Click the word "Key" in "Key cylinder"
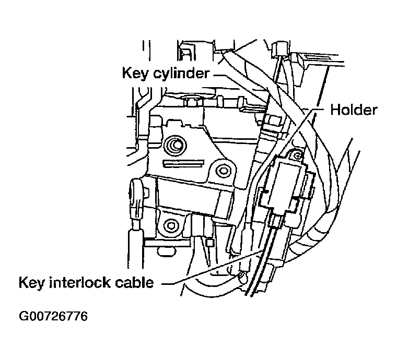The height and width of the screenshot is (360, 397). [134, 73]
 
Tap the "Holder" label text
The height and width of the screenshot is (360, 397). [354, 110]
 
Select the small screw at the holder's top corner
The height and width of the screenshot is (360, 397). [297, 155]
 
